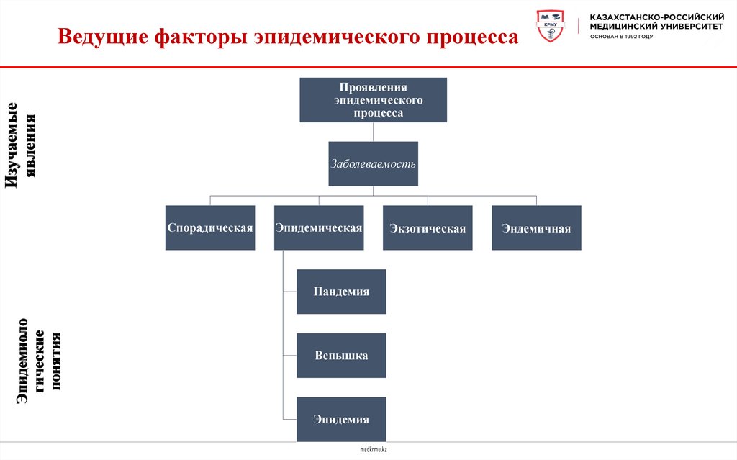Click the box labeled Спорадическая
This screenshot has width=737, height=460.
(x=210, y=227)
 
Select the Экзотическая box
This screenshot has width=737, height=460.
(x=428, y=227)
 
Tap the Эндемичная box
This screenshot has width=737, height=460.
(x=536, y=227)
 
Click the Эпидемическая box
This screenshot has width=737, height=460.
(x=318, y=227)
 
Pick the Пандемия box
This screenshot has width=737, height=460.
(x=341, y=292)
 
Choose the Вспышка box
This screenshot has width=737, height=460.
(x=341, y=356)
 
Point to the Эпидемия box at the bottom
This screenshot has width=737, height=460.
(x=341, y=419)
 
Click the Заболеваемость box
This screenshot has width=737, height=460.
(x=373, y=163)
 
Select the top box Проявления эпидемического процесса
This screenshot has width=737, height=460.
(x=373, y=100)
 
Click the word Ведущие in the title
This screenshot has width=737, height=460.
(x=101, y=37)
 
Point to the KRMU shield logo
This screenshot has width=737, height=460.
(x=552, y=27)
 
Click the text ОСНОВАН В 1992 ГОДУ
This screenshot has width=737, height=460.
(x=622, y=36)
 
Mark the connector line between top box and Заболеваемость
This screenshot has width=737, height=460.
(x=373, y=132)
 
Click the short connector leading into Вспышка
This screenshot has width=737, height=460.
(x=290, y=356)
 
